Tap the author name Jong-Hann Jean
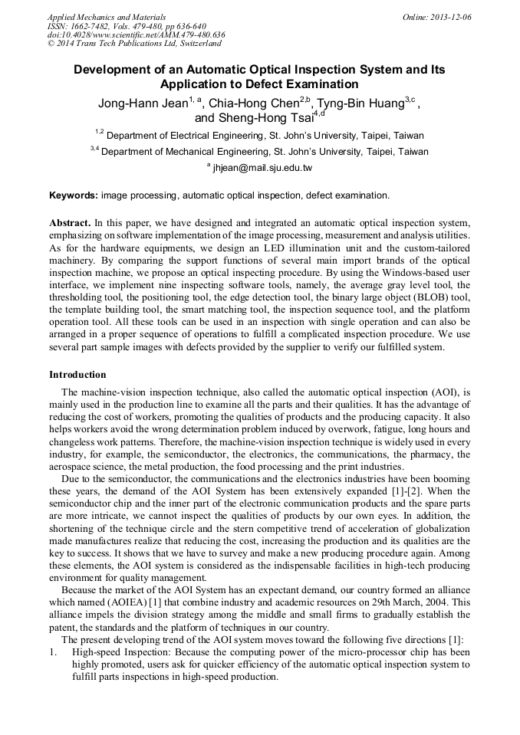(143, 103)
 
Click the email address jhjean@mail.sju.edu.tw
(262, 168)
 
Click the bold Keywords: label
(74, 195)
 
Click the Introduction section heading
(77, 375)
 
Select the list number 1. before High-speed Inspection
(54, 651)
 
